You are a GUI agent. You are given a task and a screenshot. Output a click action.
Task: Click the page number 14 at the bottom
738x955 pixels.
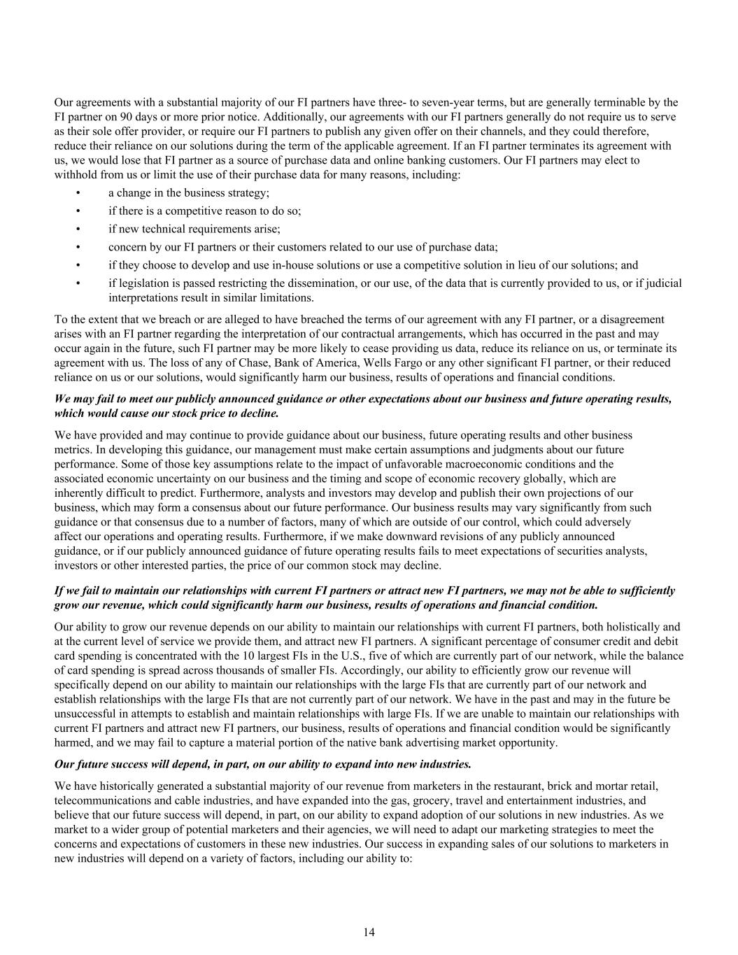click(369, 932)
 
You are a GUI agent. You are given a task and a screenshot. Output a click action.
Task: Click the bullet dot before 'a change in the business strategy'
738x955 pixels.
click(78, 193)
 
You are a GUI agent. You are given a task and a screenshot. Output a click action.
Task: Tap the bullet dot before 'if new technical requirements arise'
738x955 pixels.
click(78, 229)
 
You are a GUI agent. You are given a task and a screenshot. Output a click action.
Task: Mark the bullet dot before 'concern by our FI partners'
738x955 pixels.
click(78, 247)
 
